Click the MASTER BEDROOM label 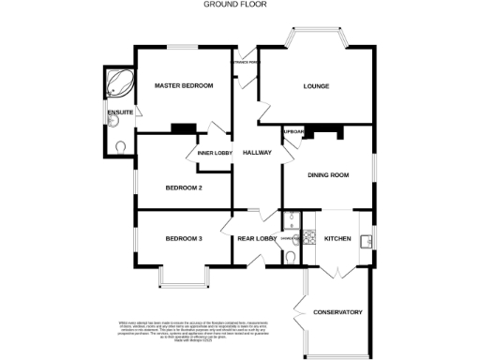point(184,86)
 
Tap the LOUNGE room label point(316,86)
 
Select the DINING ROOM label point(328,175)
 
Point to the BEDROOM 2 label point(185,187)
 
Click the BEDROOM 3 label point(184,238)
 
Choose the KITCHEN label point(337,239)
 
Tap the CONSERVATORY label point(337,312)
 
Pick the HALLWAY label point(257,153)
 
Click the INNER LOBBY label point(215,153)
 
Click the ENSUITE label point(121,113)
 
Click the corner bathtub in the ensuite point(118,83)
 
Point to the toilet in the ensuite point(122,145)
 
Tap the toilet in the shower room point(291,256)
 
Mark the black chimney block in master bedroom point(182,128)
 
